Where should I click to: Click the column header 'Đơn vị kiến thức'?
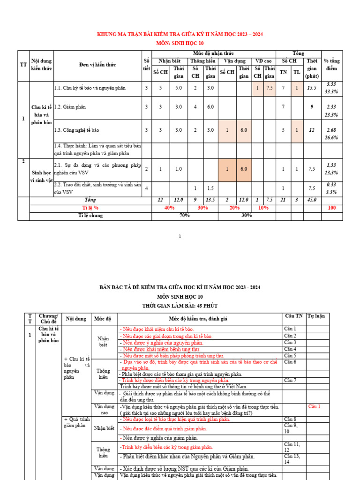pos(97,64)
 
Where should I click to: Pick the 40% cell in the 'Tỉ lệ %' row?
pos(169,208)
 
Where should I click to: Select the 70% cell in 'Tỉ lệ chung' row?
pos(185,216)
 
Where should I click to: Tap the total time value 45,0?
pos(312,200)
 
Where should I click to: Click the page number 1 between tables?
pos(180,237)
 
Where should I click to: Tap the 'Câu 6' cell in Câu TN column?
pos(290,362)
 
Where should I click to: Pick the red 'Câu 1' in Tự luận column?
pos(314,406)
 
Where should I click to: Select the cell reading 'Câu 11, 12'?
pos(292,447)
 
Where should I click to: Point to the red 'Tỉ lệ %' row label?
pos(90,208)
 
